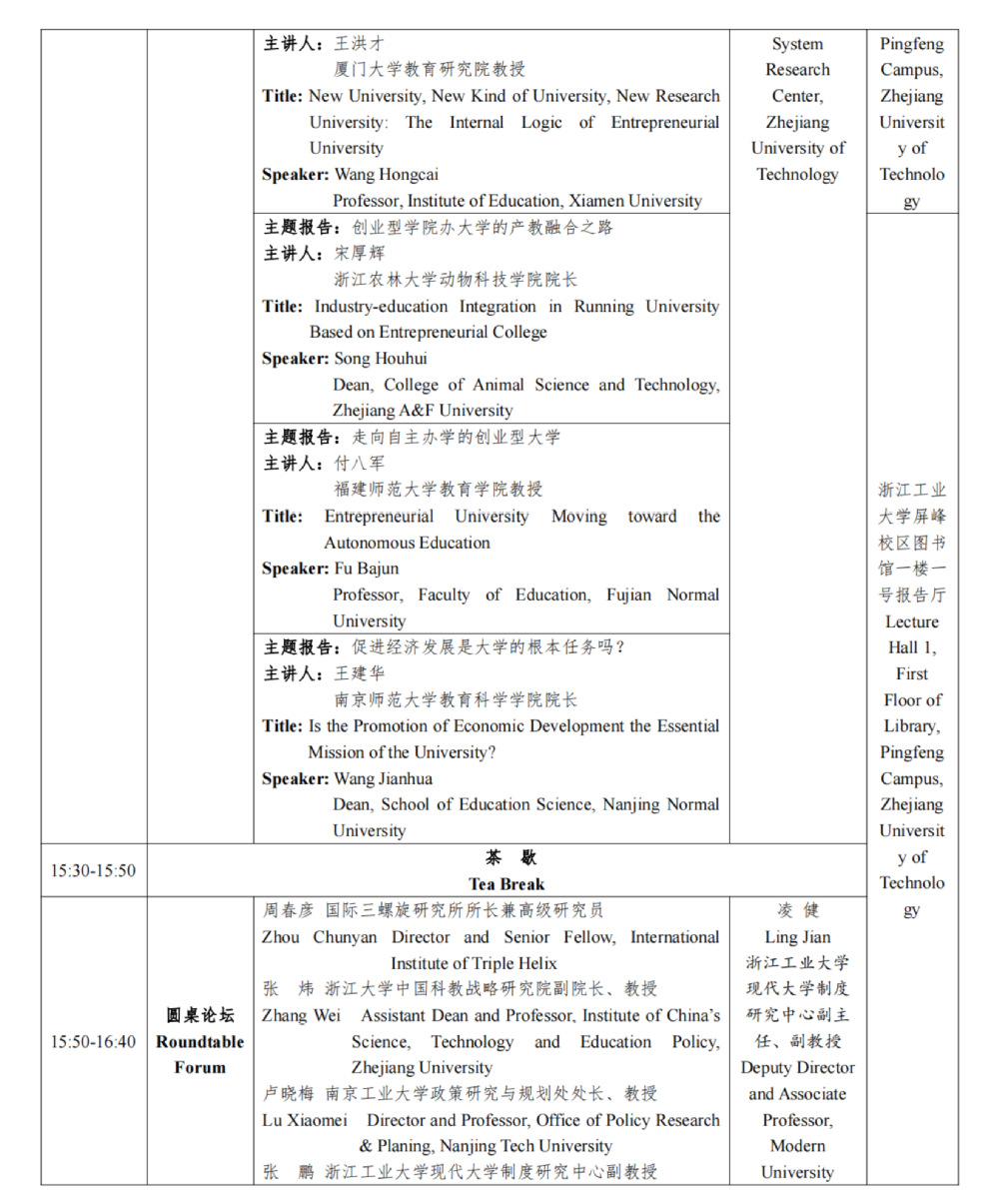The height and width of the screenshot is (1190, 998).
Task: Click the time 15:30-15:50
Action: pyautogui.click(x=93, y=870)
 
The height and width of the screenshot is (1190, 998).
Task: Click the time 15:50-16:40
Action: pyautogui.click(x=93, y=1041)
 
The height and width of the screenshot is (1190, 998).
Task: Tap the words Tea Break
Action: pyautogui.click(x=506, y=884)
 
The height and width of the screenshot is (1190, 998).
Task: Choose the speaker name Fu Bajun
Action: pyautogui.click(x=366, y=569)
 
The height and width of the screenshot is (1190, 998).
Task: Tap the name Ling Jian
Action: pyautogui.click(x=797, y=937)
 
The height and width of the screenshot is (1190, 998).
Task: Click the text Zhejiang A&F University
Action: pyautogui.click(x=423, y=411)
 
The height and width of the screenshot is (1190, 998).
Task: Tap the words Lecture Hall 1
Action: pyautogui.click(x=912, y=634)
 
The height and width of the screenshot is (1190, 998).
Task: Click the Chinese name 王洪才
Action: pyautogui.click(x=359, y=44)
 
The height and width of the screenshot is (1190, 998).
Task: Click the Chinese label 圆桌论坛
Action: pyautogui.click(x=200, y=1015)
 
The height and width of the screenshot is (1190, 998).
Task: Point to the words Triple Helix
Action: pyautogui.click(x=513, y=963)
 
